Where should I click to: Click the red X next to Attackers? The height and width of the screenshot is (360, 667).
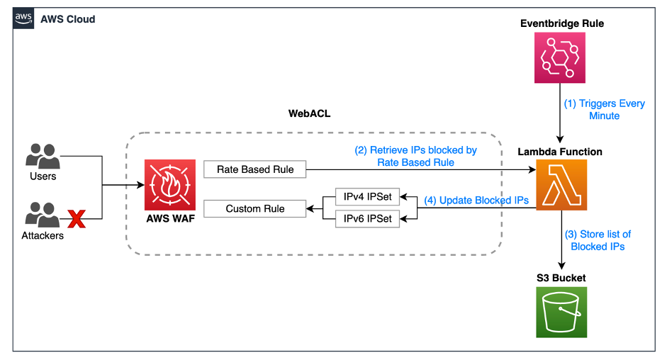[x=76, y=220]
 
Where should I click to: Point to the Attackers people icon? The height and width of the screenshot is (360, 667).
[x=42, y=215]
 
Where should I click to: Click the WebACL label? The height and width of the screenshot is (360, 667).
[x=309, y=113]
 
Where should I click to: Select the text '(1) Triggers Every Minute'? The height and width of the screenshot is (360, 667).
[x=604, y=109]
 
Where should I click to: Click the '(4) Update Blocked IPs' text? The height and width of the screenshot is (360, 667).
[x=476, y=201]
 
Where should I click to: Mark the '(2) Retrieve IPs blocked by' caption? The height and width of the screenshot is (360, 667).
[x=415, y=150]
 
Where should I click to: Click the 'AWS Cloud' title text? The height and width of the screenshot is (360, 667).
[x=68, y=19]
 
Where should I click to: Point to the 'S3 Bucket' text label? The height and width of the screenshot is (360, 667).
[x=561, y=278]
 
